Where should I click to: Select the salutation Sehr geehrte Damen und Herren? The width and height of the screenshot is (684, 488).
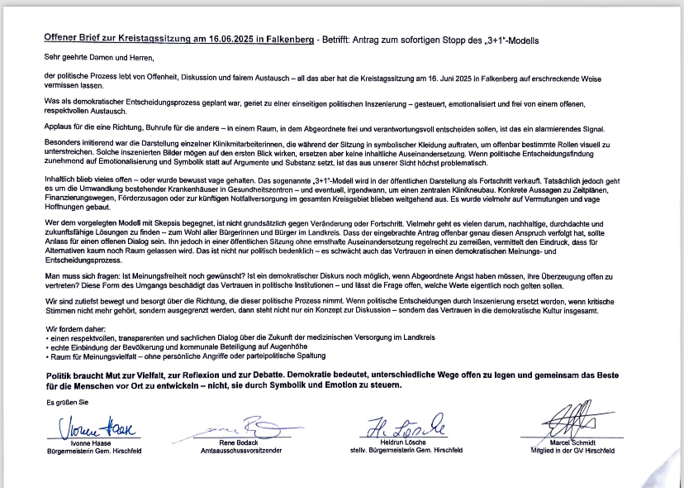click(x=100, y=59)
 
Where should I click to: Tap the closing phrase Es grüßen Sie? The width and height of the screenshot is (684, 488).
click(x=66, y=403)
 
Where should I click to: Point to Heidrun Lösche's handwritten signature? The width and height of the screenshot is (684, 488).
click(x=405, y=425)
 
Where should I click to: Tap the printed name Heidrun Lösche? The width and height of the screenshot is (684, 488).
click(x=405, y=443)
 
